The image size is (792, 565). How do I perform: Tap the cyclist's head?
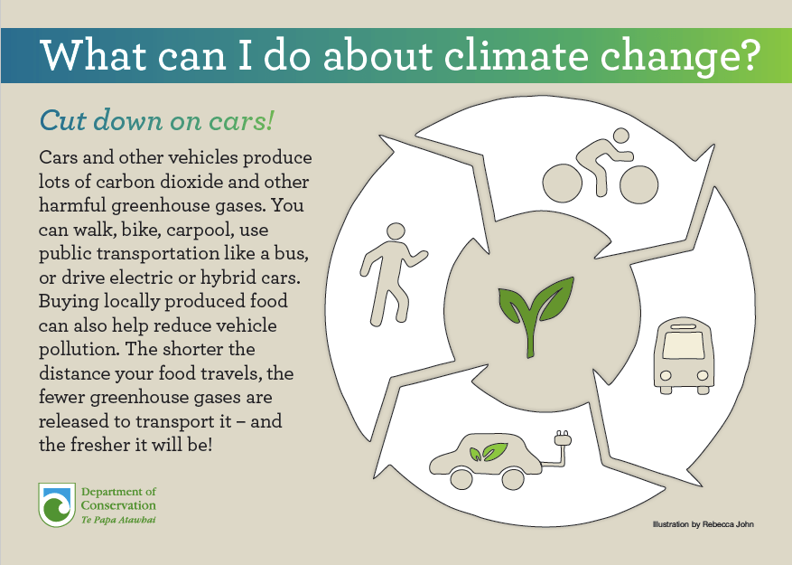[620, 136]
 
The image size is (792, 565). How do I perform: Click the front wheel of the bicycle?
[639, 184]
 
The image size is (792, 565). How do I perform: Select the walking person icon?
[393, 274]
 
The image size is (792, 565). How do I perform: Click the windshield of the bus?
[684, 345]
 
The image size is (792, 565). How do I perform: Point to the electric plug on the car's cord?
[563, 438]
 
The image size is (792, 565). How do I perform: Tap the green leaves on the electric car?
[488, 452]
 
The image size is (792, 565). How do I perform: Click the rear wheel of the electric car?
[461, 478]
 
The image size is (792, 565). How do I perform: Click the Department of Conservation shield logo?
[57, 504]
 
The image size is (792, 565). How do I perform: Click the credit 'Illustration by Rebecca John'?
[703, 524]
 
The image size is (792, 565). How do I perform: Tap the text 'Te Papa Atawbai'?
[118, 520]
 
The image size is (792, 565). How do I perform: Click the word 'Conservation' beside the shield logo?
[118, 505]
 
